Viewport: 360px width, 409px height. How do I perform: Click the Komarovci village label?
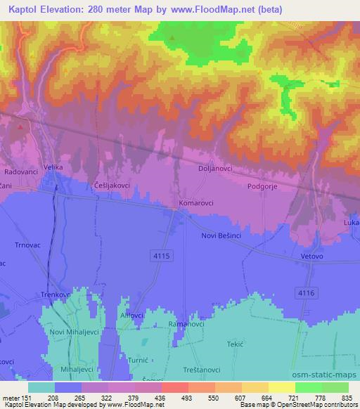tap(198, 202)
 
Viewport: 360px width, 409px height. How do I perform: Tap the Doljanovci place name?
tap(216, 169)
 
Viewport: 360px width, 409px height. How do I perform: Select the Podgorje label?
tap(264, 186)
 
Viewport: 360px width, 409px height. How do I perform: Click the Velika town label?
tap(53, 167)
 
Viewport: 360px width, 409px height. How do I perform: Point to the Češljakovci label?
tap(111, 184)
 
